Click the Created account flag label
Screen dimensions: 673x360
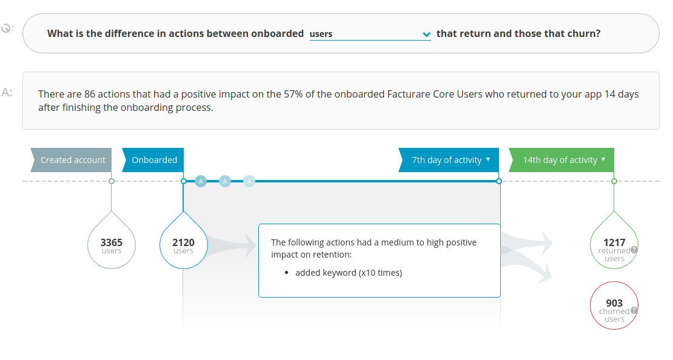(72, 160)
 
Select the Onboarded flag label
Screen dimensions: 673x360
(153, 160)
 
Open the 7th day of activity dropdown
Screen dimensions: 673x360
(449, 160)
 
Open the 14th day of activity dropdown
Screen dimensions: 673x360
(562, 160)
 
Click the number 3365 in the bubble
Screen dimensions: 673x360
(111, 242)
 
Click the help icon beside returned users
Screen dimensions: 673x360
(634, 250)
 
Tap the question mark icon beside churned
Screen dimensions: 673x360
(634, 310)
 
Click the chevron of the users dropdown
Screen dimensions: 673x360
(426, 35)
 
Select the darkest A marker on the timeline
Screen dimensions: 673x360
(201, 181)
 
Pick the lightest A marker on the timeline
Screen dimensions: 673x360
(249, 181)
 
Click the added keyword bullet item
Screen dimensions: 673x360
(349, 273)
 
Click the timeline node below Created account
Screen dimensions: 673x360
(111, 181)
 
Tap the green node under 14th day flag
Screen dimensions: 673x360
(614, 181)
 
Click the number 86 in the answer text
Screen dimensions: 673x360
(90, 95)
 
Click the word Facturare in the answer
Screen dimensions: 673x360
(408, 95)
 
